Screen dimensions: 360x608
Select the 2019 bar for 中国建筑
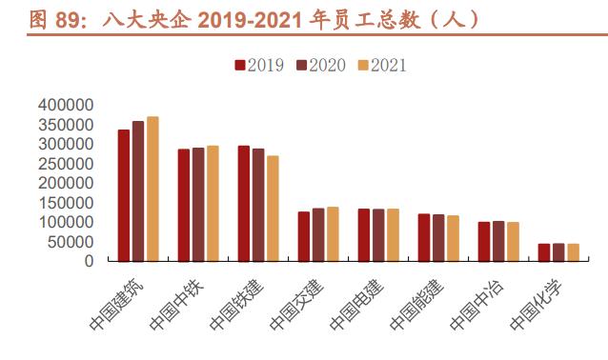tap(124, 195)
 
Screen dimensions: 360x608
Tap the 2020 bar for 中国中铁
tap(198, 204)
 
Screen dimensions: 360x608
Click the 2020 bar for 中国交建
tap(318, 234)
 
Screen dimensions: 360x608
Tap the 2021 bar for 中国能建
tap(453, 238)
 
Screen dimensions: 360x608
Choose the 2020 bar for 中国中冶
tap(498, 241)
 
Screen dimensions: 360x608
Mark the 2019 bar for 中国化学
tap(544, 251)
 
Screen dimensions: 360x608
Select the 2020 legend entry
tap(320, 65)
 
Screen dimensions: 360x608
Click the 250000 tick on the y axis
tap(67, 163)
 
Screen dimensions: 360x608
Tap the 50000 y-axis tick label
tap(71, 241)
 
